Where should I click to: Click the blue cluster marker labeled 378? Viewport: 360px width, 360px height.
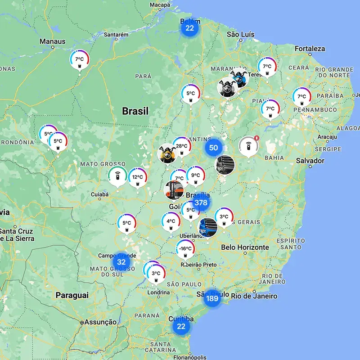click(x=201, y=202)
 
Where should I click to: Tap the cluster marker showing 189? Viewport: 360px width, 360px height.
click(x=212, y=298)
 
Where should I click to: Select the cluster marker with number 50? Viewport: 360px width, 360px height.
click(x=214, y=148)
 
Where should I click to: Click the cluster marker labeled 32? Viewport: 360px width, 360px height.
click(x=121, y=262)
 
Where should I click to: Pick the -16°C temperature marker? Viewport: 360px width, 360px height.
click(x=185, y=249)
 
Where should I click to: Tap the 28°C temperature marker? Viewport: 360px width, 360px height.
click(x=182, y=146)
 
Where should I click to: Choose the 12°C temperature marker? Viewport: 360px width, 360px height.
click(x=137, y=178)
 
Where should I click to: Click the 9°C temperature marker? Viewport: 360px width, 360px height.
click(x=195, y=176)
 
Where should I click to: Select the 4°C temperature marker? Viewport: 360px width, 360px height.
click(x=171, y=221)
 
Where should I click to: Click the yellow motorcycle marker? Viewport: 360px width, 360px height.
click(x=166, y=154)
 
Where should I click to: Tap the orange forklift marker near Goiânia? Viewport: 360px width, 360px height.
click(x=174, y=190)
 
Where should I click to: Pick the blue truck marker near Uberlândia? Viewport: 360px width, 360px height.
click(x=207, y=228)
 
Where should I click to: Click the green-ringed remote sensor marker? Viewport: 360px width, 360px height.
click(x=117, y=175)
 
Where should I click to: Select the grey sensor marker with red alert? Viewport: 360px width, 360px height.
click(x=249, y=146)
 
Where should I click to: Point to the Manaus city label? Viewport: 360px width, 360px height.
click(x=53, y=41)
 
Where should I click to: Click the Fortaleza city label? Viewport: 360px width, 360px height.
click(x=310, y=49)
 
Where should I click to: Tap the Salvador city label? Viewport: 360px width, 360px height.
click(x=310, y=161)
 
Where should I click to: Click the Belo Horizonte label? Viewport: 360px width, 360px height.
click(x=245, y=247)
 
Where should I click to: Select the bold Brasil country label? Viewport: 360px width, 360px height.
click(x=135, y=111)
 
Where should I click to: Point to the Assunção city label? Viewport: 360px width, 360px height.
click(x=100, y=322)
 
